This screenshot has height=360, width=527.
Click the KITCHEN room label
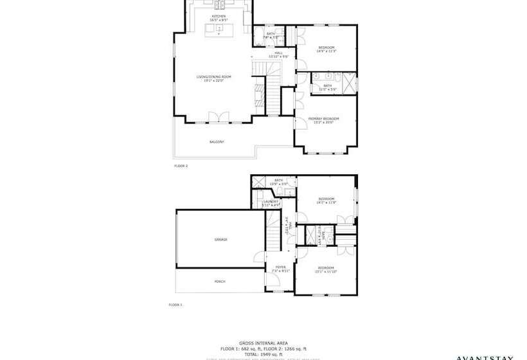tap(219, 17)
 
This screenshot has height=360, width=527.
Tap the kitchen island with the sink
tap(219, 29)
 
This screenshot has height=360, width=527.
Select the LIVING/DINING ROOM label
tap(214, 78)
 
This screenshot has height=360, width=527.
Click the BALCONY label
tap(217, 141)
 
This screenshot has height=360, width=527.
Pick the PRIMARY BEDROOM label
tap(323, 120)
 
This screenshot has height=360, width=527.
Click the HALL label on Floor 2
tap(279, 54)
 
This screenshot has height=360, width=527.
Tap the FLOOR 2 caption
tap(181, 166)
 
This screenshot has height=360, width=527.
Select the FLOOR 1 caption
tap(175, 305)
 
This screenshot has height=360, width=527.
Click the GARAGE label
tap(221, 239)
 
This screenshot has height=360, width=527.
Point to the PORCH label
tap(220, 281)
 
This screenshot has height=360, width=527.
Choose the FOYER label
tap(281, 269)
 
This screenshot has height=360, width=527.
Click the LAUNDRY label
tap(271, 203)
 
